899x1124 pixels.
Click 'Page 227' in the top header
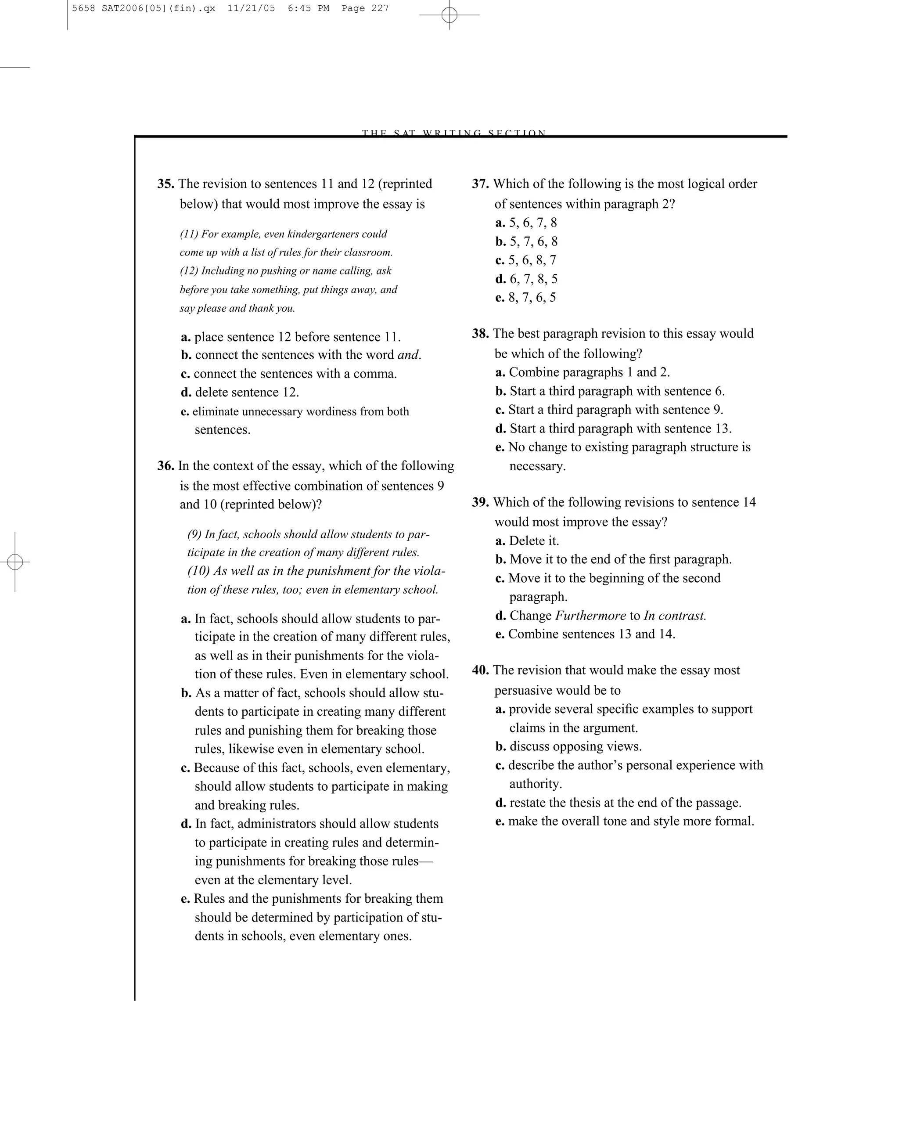[x=365, y=8]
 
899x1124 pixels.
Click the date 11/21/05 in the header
[x=251, y=8]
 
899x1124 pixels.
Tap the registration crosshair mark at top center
[x=449, y=15]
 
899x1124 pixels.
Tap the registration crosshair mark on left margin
[x=15, y=562]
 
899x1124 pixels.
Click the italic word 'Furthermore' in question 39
[x=590, y=616]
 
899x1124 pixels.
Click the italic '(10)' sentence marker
[x=198, y=571]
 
